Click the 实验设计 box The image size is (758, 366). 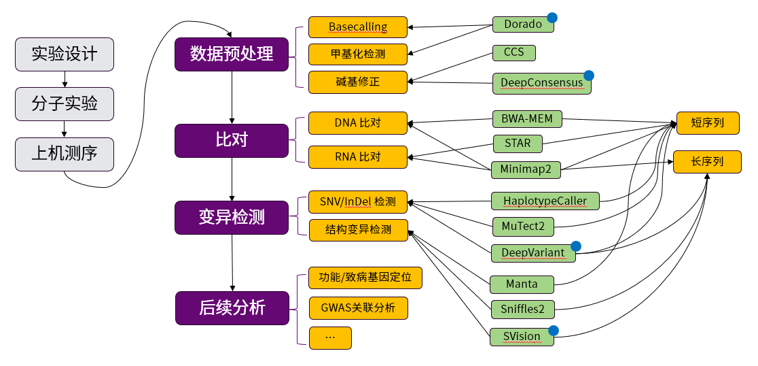tap(64, 54)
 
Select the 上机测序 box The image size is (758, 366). tap(64, 154)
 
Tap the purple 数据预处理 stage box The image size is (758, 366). tap(232, 54)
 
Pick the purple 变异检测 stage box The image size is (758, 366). tap(232, 217)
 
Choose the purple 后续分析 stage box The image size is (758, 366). tap(232, 307)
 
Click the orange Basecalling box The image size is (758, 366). tap(357, 27)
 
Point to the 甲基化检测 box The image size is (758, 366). tap(357, 53)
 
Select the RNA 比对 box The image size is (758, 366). tap(357, 156)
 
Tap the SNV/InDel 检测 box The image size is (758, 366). tap(357, 201)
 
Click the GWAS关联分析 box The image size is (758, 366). tap(357, 307)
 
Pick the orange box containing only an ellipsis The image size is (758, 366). tap(330, 337)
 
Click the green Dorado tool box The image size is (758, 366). tap(523, 24)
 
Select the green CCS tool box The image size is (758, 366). tap(513, 53)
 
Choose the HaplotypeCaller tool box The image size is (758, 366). tap(545, 201)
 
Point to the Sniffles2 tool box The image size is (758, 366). tap(522, 308)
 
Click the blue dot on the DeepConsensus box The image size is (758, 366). tap(589, 75)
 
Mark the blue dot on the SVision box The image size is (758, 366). tap(553, 331)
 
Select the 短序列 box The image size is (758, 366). tap(707, 123)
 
